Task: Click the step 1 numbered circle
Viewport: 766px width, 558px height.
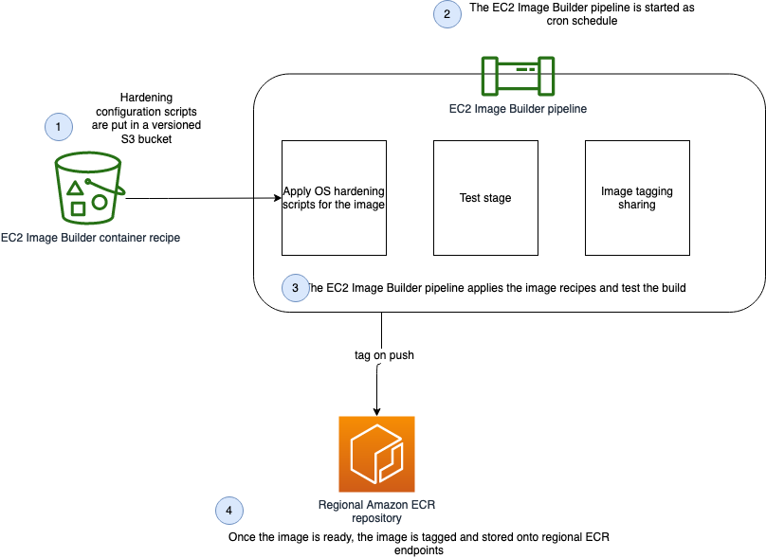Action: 59,125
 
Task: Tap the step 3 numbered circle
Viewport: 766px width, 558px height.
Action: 296,287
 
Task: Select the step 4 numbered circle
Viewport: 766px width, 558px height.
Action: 228,510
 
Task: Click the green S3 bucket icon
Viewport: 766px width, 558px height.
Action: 88,187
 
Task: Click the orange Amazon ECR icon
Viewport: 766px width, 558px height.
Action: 376,453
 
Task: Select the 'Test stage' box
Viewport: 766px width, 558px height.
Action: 485,198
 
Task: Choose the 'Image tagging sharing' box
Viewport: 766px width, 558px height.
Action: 637,198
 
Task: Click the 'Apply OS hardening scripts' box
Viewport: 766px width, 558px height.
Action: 334,198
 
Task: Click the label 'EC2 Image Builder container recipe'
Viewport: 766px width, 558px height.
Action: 91,238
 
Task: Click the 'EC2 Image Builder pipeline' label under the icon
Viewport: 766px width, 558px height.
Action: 518,109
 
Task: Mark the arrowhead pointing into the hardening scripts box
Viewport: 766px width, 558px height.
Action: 277,199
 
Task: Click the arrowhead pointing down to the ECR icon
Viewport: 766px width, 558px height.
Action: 378,411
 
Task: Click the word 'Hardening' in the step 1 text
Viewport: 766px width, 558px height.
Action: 147,99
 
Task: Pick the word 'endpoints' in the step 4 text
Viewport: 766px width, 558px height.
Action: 417,549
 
